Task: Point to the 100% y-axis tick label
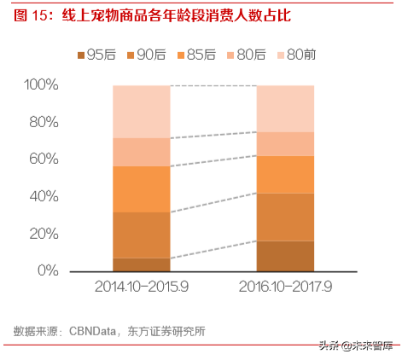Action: (x=41, y=85)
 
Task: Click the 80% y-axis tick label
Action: (x=44, y=122)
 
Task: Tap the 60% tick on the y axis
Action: (x=44, y=160)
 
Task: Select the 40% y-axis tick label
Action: (x=44, y=196)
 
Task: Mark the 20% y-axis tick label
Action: (x=44, y=234)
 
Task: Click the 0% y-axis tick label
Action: (x=48, y=270)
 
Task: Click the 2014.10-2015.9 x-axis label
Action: (x=141, y=286)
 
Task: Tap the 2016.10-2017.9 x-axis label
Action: (x=286, y=286)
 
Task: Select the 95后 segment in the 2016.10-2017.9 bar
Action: (x=286, y=256)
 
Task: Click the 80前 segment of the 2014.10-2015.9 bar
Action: (x=141, y=111)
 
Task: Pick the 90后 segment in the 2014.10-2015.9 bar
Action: (x=141, y=235)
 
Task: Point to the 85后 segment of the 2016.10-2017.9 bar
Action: (x=286, y=174)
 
